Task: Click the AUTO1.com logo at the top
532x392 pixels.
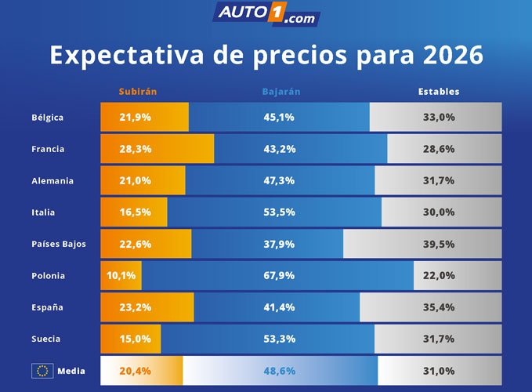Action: (x=266, y=14)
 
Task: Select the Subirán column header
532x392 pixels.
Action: (x=138, y=92)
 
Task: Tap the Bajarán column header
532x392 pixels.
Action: (x=280, y=92)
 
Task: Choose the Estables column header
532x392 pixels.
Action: (x=439, y=92)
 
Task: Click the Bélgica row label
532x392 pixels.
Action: (x=48, y=118)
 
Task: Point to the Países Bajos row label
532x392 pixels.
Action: (x=59, y=244)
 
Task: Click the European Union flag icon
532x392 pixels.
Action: (x=42, y=371)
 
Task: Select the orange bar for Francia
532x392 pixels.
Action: (x=157, y=149)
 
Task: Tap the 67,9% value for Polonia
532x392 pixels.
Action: (x=280, y=276)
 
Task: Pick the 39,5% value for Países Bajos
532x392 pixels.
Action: (x=439, y=244)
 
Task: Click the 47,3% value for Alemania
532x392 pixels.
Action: (x=280, y=181)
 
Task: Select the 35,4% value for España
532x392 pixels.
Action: (x=439, y=307)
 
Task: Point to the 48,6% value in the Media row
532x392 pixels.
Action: (x=280, y=371)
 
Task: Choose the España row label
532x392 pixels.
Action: (x=47, y=307)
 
